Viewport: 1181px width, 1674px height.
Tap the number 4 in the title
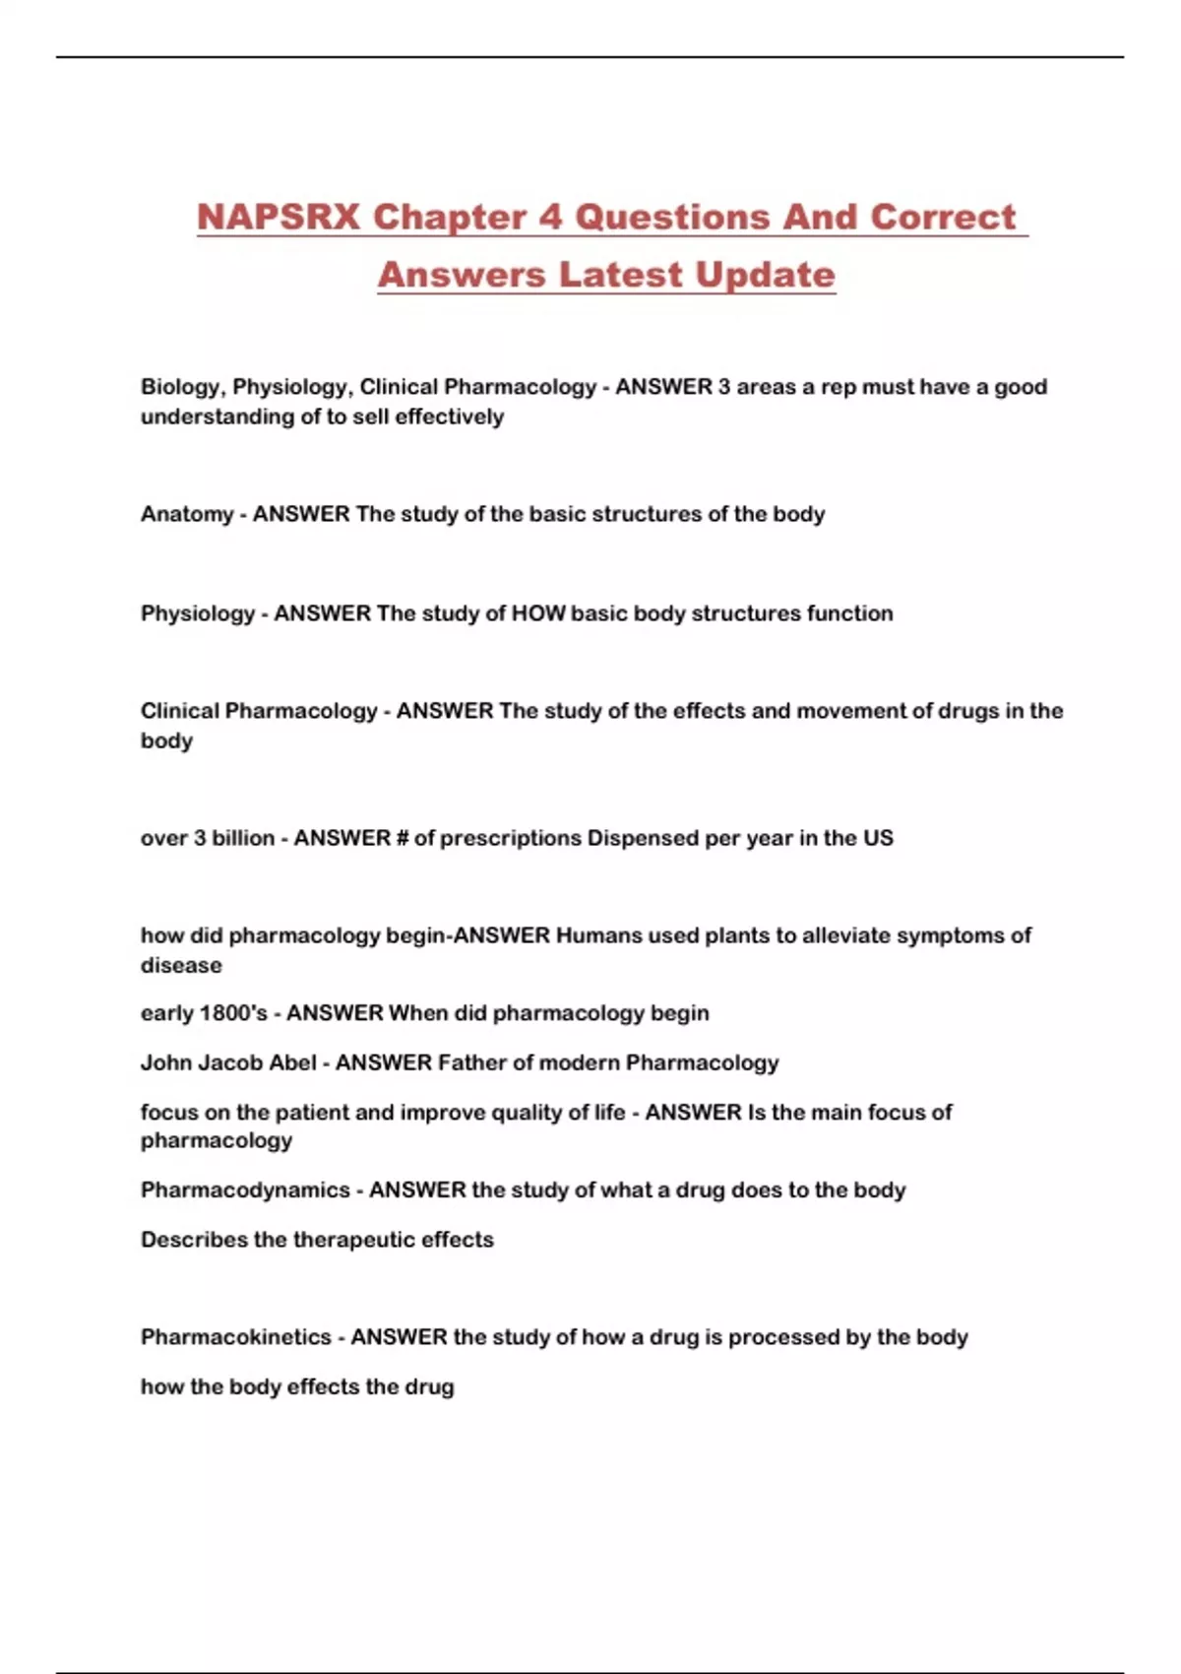[550, 217]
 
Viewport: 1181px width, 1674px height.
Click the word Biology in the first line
[181, 387]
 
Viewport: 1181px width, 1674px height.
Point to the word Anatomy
[187, 514]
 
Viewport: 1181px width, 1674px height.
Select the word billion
[243, 838]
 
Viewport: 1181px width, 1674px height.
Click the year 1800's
[233, 1013]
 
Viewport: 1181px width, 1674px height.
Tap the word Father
[471, 1062]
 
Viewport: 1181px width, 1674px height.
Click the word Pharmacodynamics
[245, 1190]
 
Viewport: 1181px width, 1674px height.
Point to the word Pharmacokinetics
[236, 1337]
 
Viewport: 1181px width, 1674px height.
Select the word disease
[181, 965]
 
